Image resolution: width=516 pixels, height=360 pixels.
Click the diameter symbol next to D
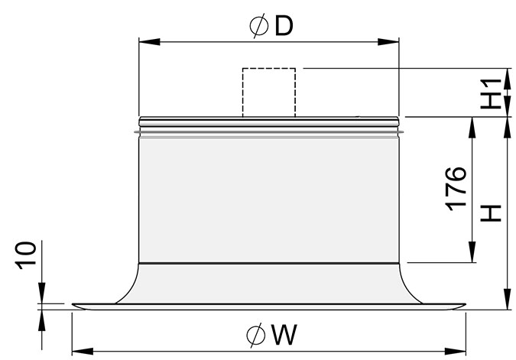258,26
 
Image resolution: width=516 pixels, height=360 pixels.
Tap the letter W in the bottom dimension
283,334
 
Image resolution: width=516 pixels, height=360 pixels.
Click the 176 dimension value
456,187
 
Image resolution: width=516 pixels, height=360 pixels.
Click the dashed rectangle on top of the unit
268,92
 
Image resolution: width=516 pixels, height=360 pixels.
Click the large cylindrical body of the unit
268,199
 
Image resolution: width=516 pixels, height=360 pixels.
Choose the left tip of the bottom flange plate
73,306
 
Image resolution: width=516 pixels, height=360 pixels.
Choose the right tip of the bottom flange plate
463,306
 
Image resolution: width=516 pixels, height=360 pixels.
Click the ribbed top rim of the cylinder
268,122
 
